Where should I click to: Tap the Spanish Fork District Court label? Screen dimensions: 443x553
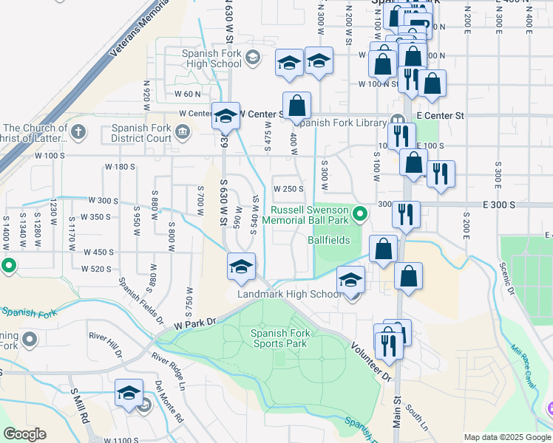141,132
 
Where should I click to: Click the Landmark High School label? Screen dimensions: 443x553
290,294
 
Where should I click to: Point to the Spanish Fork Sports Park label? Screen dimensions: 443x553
279,338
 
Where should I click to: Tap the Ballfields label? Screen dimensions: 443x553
328,240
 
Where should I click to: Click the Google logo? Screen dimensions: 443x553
25,434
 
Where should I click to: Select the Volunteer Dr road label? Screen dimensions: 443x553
370,361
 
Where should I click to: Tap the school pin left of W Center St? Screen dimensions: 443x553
225,116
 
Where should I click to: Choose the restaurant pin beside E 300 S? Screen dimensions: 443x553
406,214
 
